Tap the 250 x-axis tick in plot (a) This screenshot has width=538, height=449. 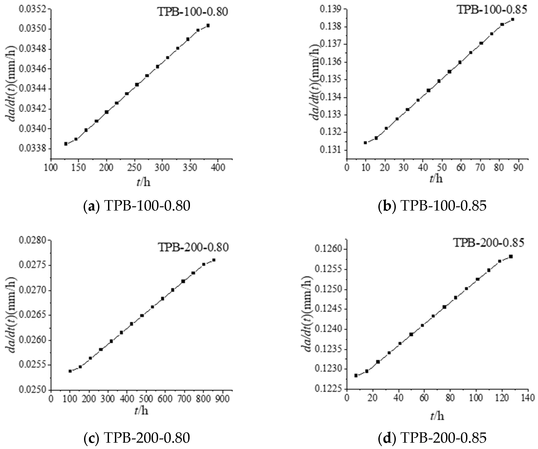pyautogui.click(x=134, y=168)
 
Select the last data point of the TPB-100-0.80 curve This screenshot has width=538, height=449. pyautogui.click(x=208, y=25)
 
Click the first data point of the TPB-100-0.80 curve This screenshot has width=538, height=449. pyautogui.click(x=66, y=144)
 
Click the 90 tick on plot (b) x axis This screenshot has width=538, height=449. pyautogui.click(x=519, y=168)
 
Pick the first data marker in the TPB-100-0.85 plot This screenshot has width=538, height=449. pyautogui.click(x=366, y=143)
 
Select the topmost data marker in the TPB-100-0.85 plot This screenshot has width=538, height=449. pyautogui.click(x=513, y=19)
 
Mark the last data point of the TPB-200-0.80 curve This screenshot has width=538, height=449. pyautogui.click(x=214, y=260)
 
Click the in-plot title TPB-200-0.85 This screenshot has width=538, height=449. pyautogui.click(x=488, y=243)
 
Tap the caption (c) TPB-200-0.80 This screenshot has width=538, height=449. pyautogui.click(x=137, y=437)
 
